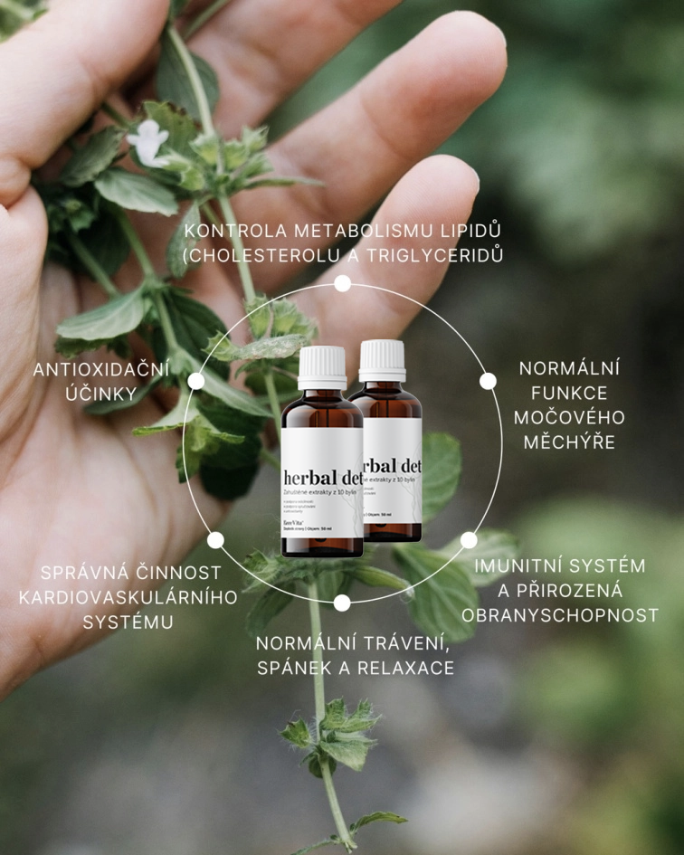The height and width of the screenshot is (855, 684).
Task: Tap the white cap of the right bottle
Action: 382,360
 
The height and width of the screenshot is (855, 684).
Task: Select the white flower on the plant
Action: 149,143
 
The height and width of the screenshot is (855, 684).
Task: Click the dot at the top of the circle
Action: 342,283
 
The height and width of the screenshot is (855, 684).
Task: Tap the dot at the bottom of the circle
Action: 342,603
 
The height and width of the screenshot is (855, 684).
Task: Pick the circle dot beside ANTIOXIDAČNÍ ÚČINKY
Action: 196,381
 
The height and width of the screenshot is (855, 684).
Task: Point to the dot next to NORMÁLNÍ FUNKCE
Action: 488,381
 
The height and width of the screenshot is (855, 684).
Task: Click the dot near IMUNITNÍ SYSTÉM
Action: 469,540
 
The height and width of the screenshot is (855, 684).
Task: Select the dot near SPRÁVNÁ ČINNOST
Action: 215,540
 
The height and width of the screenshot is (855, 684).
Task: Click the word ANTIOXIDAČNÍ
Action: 101,369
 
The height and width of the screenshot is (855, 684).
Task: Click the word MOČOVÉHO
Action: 569,417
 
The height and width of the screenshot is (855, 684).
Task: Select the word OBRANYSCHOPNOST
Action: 559,615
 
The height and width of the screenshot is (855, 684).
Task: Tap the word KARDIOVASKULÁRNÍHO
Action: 128,597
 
